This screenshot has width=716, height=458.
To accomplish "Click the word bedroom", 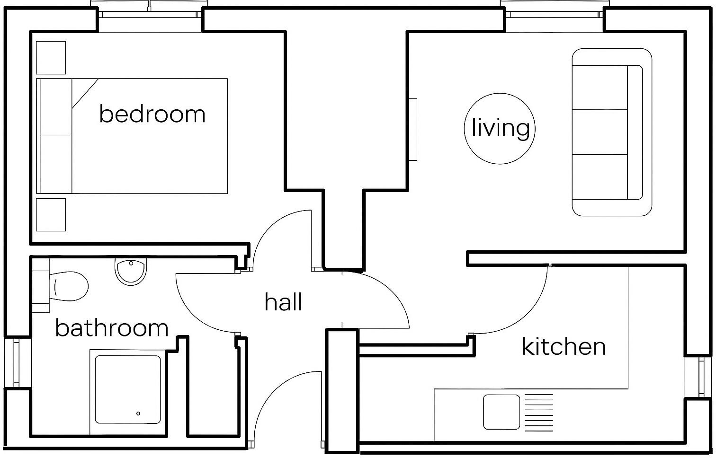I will pos(152,114).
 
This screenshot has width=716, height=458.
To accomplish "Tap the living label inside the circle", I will pos(500,128).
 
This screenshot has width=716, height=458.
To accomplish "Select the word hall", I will pos(283,302).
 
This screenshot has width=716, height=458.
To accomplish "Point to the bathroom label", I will pos(112,328).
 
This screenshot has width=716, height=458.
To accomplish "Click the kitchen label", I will pos(564,347).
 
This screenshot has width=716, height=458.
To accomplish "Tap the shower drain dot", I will pos(138,414).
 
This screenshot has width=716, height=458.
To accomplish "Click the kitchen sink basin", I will pos(501,412).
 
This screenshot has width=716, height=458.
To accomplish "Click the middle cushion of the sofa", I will pos(600,132).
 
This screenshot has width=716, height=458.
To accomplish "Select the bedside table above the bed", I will pos(51,58).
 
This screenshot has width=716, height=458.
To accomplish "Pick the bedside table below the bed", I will pos(51,215).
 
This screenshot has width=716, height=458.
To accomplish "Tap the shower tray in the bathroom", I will pos(128,389).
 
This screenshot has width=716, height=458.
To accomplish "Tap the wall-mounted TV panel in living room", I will pos(413,130).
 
